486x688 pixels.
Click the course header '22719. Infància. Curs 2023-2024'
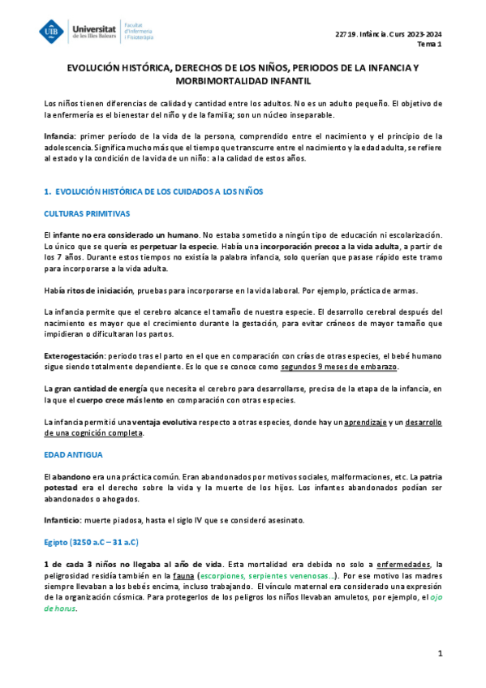(x=388, y=33)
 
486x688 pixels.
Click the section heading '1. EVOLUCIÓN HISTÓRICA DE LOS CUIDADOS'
(x=153, y=191)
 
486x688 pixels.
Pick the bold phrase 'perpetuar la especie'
(x=178, y=244)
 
